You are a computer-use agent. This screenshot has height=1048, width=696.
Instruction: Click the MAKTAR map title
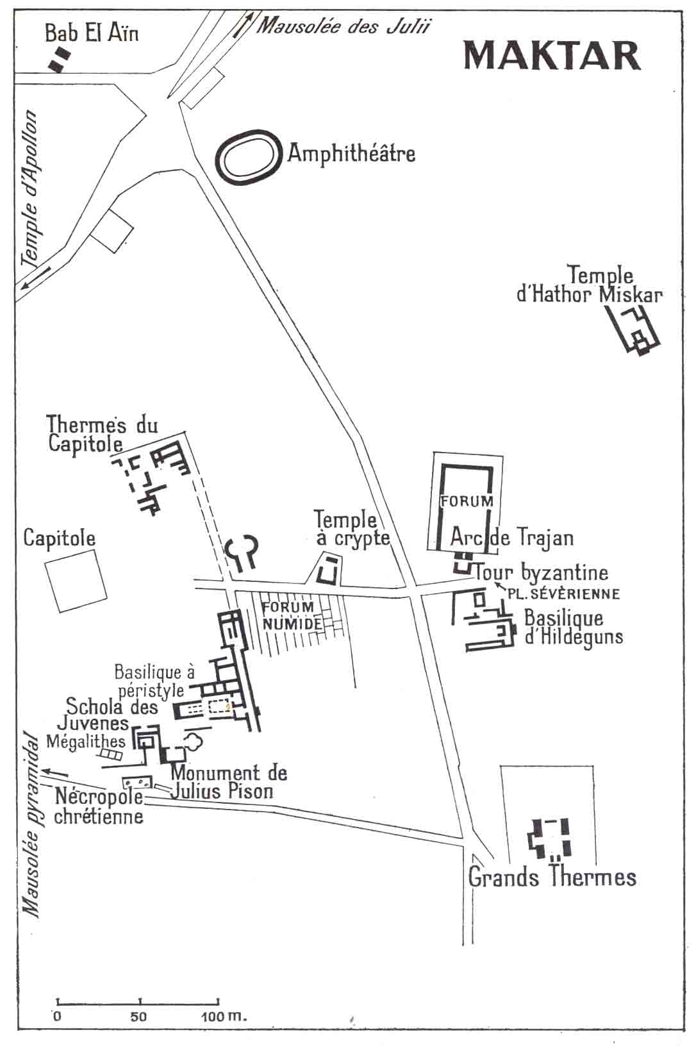(552, 55)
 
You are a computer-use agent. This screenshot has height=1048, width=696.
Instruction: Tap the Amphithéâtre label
(351, 153)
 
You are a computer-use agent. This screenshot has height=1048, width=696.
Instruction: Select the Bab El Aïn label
(92, 33)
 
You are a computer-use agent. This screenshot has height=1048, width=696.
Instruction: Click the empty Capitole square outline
(76, 581)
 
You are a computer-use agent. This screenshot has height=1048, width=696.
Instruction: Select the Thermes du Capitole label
(102, 434)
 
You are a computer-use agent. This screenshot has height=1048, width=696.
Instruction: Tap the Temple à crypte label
(352, 529)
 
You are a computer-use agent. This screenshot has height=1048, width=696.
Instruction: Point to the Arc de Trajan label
(511, 538)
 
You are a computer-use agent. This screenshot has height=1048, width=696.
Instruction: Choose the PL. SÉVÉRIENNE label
(563, 594)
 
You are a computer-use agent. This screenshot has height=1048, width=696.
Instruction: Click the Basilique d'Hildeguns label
(574, 628)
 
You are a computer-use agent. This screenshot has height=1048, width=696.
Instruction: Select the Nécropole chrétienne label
(99, 806)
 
